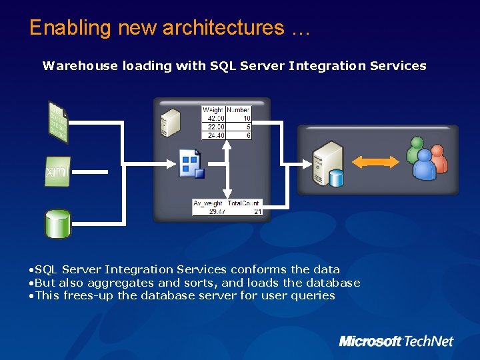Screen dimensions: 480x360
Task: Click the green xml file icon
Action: point(57,171)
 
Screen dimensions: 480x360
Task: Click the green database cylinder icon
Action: point(57,223)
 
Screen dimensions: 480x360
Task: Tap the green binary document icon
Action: point(58,121)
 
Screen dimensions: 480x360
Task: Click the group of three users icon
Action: point(425,159)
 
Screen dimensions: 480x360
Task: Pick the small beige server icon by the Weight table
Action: point(170,121)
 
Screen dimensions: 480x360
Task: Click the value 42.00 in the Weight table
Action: point(214,118)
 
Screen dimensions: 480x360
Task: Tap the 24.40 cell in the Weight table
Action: point(214,135)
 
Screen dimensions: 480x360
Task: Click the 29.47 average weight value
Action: point(216,211)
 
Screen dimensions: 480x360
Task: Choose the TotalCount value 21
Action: point(257,211)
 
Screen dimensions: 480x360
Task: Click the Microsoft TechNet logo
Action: point(396,341)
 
